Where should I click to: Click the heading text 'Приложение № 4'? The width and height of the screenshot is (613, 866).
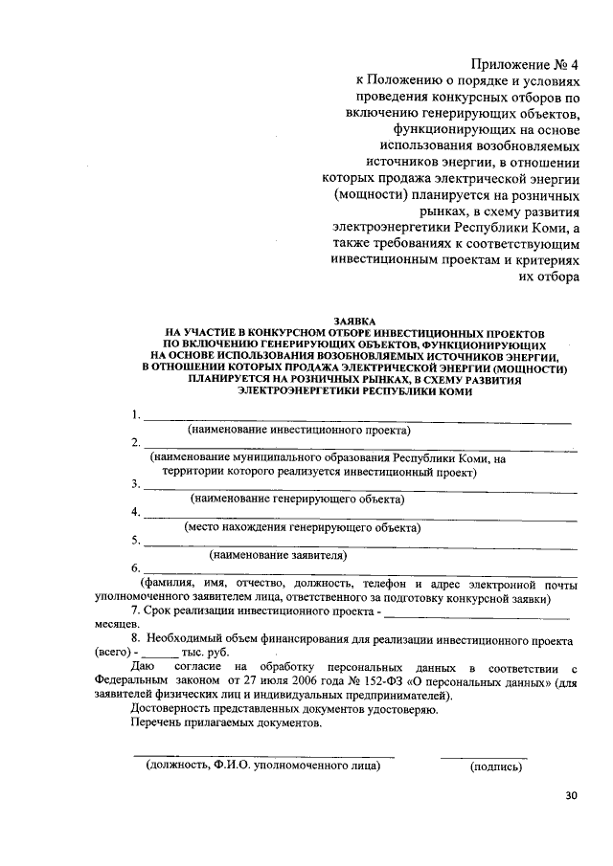point(524,65)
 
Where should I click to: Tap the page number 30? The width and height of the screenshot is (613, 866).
point(572,795)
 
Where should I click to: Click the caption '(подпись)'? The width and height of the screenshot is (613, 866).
point(495,766)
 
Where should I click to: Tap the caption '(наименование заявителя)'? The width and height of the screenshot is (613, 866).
point(278,554)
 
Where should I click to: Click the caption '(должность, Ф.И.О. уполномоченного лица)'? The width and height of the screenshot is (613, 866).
point(262,766)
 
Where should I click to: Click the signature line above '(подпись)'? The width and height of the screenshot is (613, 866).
point(483,757)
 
